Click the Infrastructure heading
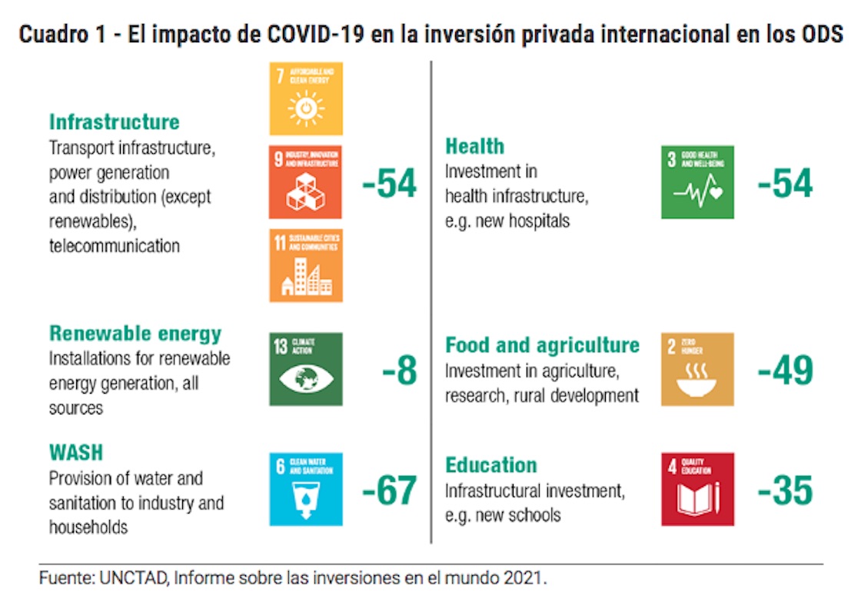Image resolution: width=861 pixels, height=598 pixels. tap(114, 121)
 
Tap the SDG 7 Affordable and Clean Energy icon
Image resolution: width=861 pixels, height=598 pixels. tap(305, 99)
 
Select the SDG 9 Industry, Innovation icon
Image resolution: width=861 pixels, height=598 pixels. tap(305, 182)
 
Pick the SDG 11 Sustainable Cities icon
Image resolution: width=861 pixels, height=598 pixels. tap(305, 265)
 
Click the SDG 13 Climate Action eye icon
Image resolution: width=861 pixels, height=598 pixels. tap(305, 369)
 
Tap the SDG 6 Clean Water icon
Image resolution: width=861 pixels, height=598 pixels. tap(305, 490)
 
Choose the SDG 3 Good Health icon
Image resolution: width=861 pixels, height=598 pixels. tap(697, 182)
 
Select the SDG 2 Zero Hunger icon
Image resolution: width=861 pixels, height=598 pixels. tap(697, 369)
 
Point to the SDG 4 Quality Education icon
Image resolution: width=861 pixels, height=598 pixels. tap(697, 490)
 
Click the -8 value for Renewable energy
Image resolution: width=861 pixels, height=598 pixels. tap(399, 370)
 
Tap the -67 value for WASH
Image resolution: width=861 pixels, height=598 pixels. tap(389, 490)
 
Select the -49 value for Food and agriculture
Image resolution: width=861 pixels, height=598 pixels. tap(785, 370)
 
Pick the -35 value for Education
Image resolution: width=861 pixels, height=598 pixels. tap(785, 490)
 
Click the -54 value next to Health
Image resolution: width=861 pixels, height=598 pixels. tap(785, 183)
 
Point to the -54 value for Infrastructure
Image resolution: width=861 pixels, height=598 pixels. tap(389, 183)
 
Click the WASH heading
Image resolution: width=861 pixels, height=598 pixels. tap(76, 452)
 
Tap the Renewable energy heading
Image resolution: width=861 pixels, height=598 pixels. tap(135, 334)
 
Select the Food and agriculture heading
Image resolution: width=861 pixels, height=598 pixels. tap(542, 345)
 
